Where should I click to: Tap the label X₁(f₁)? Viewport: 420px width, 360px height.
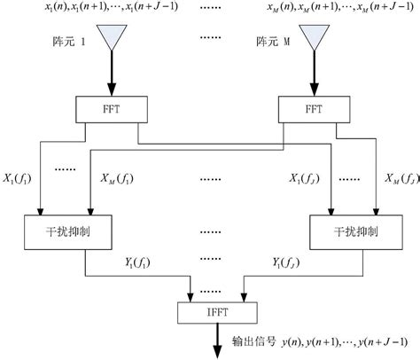point(18,179)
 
